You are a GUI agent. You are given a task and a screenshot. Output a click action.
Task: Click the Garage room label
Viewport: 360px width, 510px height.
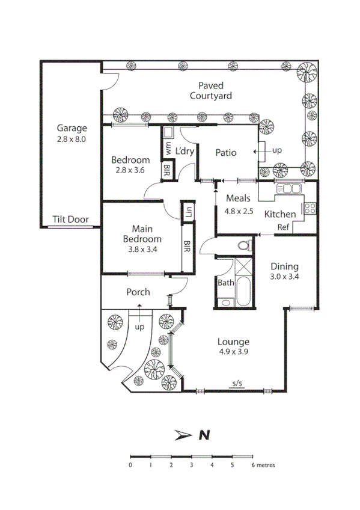click(72, 128)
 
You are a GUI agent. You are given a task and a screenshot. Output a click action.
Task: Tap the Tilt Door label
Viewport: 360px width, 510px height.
click(70, 220)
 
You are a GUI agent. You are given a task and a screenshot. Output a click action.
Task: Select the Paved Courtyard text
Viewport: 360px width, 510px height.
click(210, 91)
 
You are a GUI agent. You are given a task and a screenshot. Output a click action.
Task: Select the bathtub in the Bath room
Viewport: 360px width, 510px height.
click(244, 292)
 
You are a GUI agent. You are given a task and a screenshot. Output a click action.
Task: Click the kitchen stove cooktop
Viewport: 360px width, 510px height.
click(310, 209)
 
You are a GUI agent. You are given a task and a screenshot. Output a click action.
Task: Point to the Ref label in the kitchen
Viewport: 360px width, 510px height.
click(283, 227)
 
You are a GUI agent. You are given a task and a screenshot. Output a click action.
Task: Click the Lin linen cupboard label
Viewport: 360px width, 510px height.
click(188, 212)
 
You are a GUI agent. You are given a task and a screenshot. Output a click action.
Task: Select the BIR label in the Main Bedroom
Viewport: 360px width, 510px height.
click(187, 247)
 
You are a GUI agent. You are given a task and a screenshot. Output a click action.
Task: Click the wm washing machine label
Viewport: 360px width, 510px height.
click(169, 147)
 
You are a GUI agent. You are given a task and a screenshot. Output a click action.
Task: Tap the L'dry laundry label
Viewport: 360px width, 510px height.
click(185, 152)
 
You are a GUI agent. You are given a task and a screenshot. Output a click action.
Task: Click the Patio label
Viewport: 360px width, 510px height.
click(226, 153)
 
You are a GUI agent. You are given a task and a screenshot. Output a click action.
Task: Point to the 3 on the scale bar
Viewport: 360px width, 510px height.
click(191, 465)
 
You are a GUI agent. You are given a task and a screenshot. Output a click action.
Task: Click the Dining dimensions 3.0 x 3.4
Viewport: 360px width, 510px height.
click(284, 277)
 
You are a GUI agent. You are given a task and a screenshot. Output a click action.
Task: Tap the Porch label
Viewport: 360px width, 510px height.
click(138, 292)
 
